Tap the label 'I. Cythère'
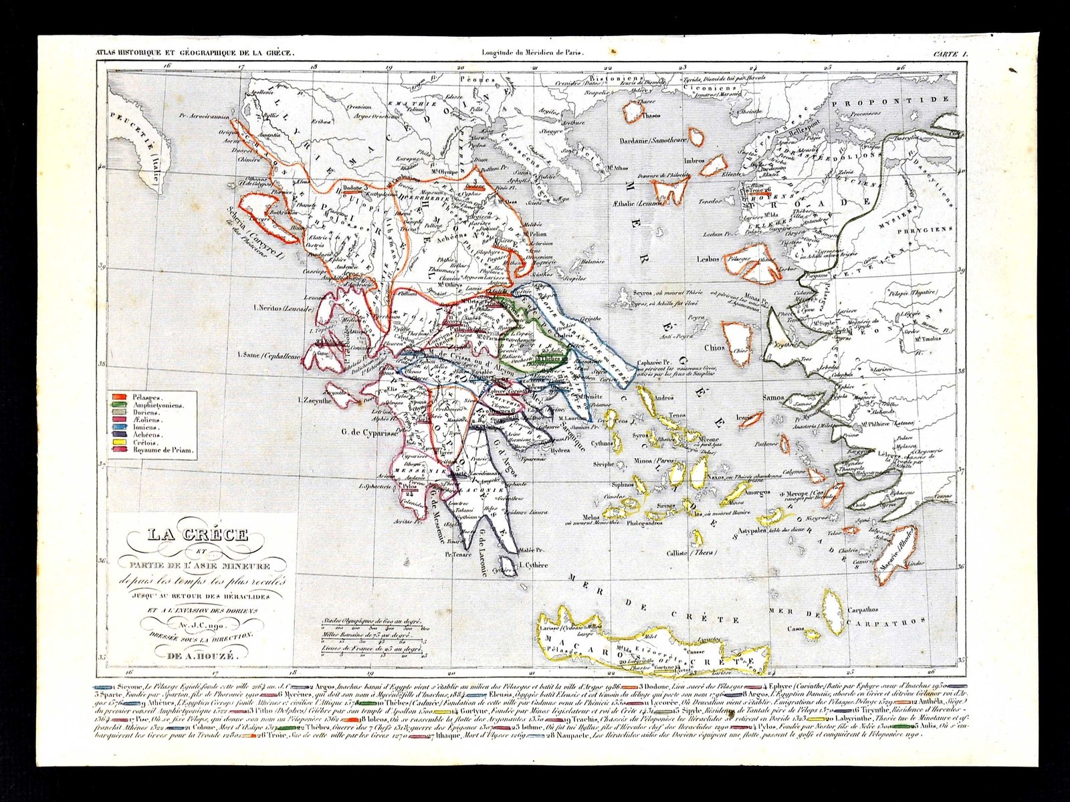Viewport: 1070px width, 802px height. [x=533, y=565]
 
